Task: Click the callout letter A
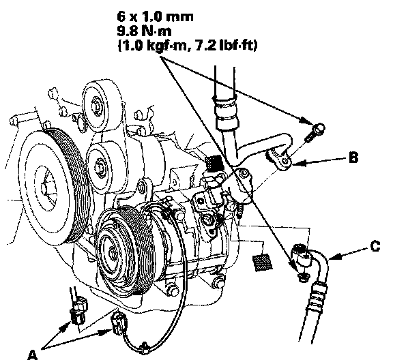[x=32, y=355]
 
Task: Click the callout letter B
[x=353, y=157]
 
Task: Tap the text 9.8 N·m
[x=145, y=31]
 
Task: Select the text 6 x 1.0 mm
[x=155, y=16]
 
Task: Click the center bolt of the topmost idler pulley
[x=96, y=107]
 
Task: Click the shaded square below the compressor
[x=263, y=262]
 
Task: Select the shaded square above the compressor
[x=214, y=164]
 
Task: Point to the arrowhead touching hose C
[x=335, y=257]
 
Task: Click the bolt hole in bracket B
[x=286, y=161]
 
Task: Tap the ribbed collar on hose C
[x=318, y=296]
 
